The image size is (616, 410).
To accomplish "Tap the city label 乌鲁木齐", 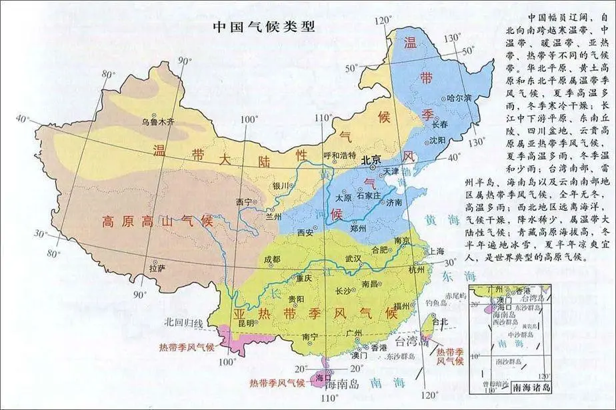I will pyautogui.click(x=157, y=122).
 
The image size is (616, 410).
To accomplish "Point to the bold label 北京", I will pyautogui.click(x=374, y=160).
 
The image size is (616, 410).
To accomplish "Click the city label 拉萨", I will pyautogui.click(x=157, y=268).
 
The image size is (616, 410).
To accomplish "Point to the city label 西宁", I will pyautogui.click(x=245, y=201).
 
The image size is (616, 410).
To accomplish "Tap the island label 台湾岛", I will pyautogui.click(x=409, y=342).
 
